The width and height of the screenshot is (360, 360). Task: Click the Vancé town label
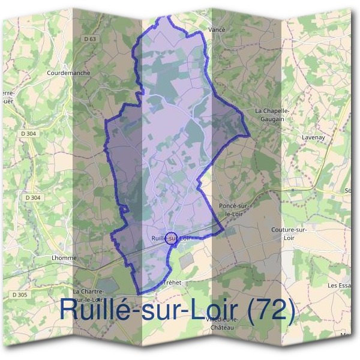[x=217, y=28]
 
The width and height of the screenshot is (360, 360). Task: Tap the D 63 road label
[x=91, y=39]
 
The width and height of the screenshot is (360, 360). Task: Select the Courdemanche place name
[x=68, y=73]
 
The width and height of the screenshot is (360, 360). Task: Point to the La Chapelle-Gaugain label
[x=273, y=115]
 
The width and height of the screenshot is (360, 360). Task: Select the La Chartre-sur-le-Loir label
[x=89, y=295]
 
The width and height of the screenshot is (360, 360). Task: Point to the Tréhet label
[x=172, y=281]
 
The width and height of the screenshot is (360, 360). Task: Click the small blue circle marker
[x=170, y=238]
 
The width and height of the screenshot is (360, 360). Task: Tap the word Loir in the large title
[x=209, y=310]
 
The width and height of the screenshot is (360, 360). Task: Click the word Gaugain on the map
[x=273, y=119]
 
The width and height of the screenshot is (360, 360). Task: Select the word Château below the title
[x=223, y=328]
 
